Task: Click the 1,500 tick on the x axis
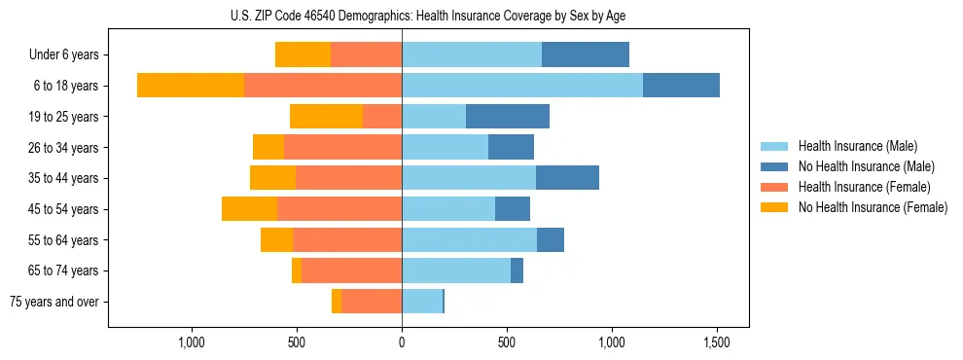pyautogui.click(x=717, y=342)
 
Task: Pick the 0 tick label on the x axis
pyautogui.click(x=402, y=342)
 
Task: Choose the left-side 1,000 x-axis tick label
pyautogui.click(x=192, y=342)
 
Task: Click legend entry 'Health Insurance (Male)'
pyautogui.click(x=857, y=146)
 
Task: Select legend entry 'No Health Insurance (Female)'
pyautogui.click(x=873, y=207)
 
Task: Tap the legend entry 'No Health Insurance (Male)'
pyautogui.click(x=866, y=166)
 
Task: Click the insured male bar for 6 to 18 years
pyautogui.click(x=522, y=86)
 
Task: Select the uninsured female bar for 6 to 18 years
pyautogui.click(x=191, y=86)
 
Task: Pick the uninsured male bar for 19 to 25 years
pyautogui.click(x=508, y=117)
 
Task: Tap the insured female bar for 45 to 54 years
pyautogui.click(x=339, y=209)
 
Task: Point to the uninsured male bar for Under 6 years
pyautogui.click(x=586, y=55)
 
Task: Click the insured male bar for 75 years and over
pyautogui.click(x=422, y=302)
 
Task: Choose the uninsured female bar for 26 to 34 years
pyautogui.click(x=268, y=148)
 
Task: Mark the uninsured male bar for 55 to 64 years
pyautogui.click(x=551, y=240)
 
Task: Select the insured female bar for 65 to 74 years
pyautogui.click(x=351, y=270)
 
